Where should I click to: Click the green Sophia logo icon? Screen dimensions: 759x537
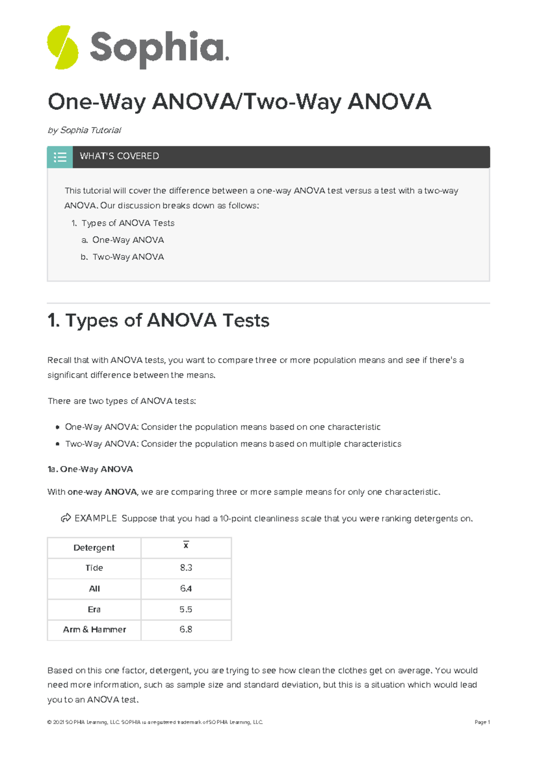tap(63, 47)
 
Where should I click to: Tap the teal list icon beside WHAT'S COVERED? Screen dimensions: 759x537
tap(60, 157)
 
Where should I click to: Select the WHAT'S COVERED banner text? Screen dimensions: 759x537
tap(119, 156)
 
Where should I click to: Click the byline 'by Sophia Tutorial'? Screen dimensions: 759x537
tap(85, 130)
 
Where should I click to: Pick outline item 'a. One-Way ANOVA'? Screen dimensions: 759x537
tap(123, 240)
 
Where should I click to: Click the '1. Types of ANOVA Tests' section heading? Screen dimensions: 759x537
tap(158, 320)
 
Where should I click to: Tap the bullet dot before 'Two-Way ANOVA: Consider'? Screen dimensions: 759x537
tap(57, 444)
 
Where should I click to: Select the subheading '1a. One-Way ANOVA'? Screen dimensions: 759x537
tap(90, 469)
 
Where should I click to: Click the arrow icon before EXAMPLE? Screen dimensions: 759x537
tap(66, 518)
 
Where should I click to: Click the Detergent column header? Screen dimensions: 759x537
tap(94, 548)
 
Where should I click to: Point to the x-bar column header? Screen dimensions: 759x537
tap(186, 546)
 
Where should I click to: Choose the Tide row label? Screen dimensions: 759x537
tap(94, 568)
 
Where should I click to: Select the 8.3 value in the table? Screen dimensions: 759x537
tap(186, 568)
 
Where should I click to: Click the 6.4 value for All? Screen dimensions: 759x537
tap(186, 589)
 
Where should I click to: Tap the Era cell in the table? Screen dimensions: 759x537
tap(94, 609)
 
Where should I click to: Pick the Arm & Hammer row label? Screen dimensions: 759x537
tap(94, 629)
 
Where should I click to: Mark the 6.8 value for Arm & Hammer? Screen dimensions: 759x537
tap(186, 629)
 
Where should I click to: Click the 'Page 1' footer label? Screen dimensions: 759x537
tap(482, 722)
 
